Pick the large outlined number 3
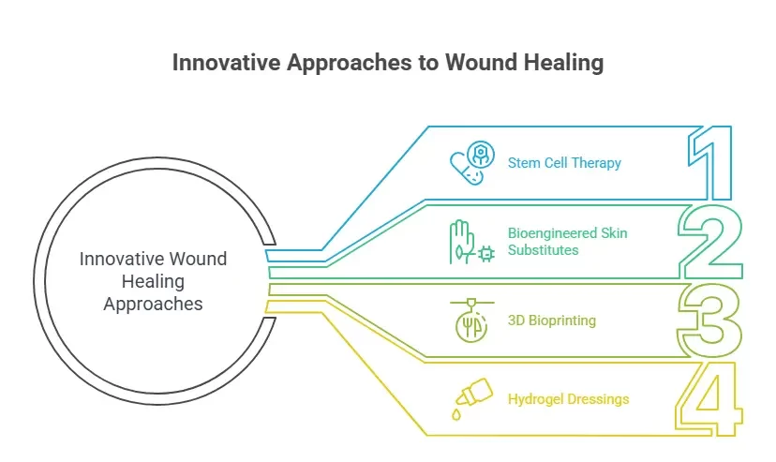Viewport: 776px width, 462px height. click(x=710, y=320)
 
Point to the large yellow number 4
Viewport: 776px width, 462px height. click(x=710, y=400)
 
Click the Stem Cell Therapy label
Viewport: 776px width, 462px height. click(x=564, y=163)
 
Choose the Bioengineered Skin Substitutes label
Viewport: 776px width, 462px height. click(x=567, y=241)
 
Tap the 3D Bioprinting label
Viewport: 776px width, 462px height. click(x=551, y=320)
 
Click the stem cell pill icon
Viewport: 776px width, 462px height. click(x=469, y=164)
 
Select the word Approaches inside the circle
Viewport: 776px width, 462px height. click(x=153, y=304)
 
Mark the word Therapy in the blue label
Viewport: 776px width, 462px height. click(x=597, y=163)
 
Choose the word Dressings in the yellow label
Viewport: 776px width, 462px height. click(x=597, y=399)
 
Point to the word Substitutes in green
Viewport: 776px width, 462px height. click(x=543, y=250)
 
